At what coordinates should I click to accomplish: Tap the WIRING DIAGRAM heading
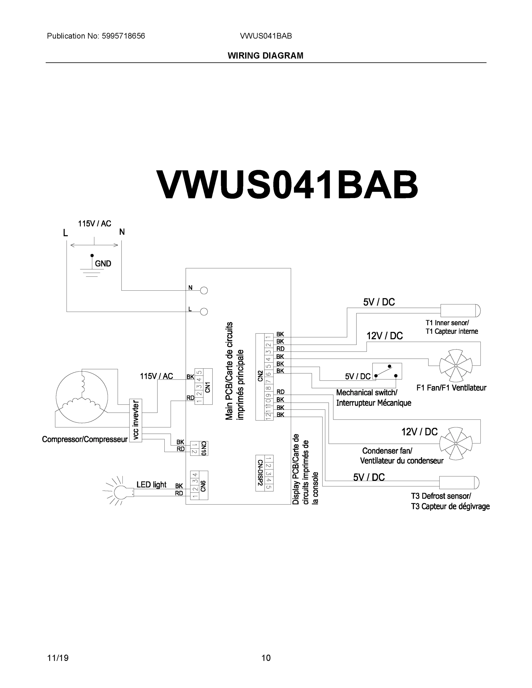[x=265, y=56]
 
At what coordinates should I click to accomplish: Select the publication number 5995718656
[x=123, y=36]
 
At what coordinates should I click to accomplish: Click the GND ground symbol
[x=92, y=266]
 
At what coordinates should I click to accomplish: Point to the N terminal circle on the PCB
[x=204, y=290]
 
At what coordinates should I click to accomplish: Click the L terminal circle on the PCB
[x=204, y=312]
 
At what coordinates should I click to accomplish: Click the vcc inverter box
[x=136, y=421]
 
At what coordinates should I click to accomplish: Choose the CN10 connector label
[x=203, y=448]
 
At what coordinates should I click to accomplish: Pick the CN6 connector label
[x=203, y=486]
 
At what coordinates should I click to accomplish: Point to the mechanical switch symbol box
[x=387, y=372]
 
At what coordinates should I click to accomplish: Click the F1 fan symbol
[x=456, y=365]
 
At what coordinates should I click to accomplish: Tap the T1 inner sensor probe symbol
[x=460, y=311]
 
